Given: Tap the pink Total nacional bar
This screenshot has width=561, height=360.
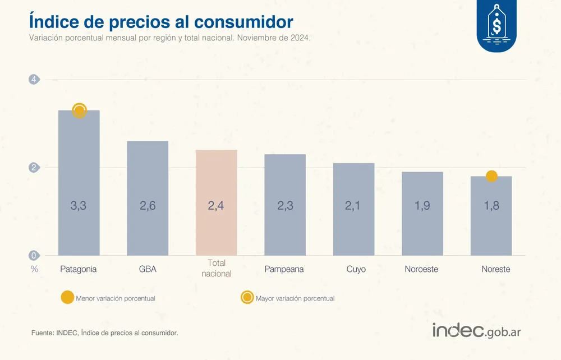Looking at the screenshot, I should [x=216, y=202].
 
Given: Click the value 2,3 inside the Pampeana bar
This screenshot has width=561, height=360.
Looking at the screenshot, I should [x=285, y=206].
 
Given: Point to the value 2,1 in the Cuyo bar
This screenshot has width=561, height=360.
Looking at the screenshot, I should [x=353, y=206].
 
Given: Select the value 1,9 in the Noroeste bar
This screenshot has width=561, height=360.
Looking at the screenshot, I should [x=422, y=206].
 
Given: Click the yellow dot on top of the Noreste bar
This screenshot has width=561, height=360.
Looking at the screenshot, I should [x=491, y=176].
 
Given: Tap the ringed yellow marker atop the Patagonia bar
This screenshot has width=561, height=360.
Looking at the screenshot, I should [x=79, y=110].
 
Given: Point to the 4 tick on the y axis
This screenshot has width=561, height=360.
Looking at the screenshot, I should [x=34, y=80].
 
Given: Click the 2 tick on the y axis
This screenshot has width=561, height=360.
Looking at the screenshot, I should [x=34, y=168].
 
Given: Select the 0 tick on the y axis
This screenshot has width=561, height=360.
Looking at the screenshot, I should [x=34, y=256].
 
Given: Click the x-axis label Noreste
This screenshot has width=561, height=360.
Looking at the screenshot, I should [x=496, y=269].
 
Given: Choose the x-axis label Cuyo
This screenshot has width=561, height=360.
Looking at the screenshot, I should [x=356, y=269].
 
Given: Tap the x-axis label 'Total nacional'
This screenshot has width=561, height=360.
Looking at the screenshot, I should [x=216, y=268].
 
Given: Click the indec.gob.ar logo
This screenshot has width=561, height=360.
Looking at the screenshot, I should [x=476, y=331].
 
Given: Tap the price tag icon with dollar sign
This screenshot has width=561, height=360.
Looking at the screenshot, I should [x=496, y=25].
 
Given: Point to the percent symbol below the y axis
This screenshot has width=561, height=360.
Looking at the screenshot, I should [x=34, y=269].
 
